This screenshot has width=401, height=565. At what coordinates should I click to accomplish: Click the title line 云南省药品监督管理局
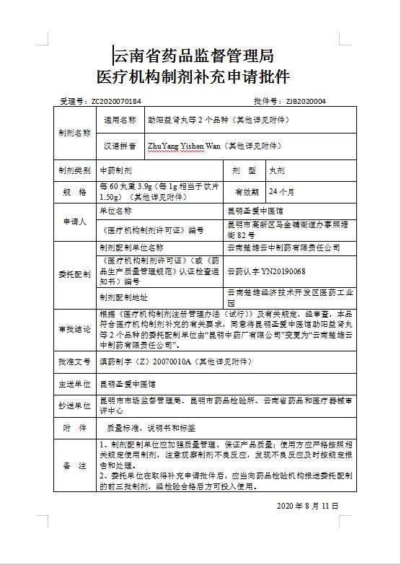pyautogui.click(x=193, y=55)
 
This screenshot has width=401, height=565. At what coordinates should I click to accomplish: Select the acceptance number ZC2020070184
pyautogui.click(x=116, y=102)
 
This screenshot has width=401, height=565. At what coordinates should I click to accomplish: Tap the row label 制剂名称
pyautogui.click(x=74, y=133)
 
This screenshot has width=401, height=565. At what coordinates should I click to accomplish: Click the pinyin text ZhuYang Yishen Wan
pyautogui.click(x=184, y=146)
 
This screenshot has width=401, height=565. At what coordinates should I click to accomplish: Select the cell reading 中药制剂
pyautogui.click(x=116, y=171)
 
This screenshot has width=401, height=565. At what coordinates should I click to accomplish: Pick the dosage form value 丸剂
pyautogui.click(x=277, y=171)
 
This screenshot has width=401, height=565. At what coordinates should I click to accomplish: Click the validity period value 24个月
pyautogui.click(x=282, y=192)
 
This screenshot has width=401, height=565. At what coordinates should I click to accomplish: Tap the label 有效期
pyautogui.click(x=246, y=192)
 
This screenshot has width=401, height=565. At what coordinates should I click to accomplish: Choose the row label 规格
pyautogui.click(x=74, y=192)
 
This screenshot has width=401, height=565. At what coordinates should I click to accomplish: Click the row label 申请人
pyautogui.click(x=74, y=222)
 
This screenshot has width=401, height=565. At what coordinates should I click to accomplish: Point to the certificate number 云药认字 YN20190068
pyautogui.click(x=266, y=271)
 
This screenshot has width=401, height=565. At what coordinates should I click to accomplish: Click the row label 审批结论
pyautogui.click(x=74, y=329)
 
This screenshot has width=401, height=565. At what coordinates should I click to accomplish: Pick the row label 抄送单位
pyautogui.click(x=74, y=406)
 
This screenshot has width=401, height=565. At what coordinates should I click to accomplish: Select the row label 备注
pyautogui.click(x=74, y=465)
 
